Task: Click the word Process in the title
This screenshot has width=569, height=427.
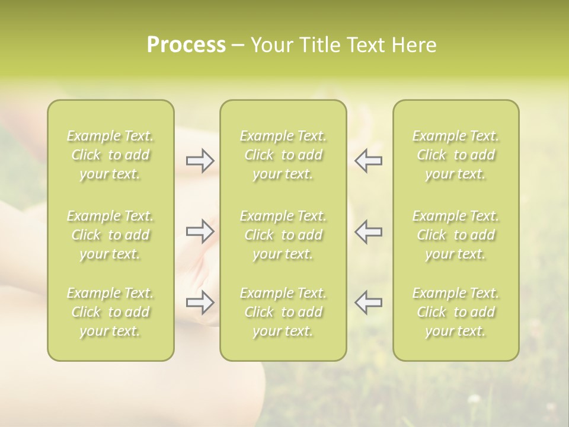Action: click(x=186, y=45)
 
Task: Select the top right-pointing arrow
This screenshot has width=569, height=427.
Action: click(x=200, y=160)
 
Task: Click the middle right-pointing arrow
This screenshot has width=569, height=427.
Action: click(x=200, y=231)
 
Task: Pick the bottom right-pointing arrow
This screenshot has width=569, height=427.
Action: click(x=200, y=302)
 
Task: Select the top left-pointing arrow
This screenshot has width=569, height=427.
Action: click(x=368, y=160)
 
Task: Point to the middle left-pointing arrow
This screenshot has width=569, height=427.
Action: click(x=368, y=231)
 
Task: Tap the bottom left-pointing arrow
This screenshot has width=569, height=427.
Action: click(x=368, y=302)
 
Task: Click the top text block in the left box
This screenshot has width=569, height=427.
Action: click(x=110, y=155)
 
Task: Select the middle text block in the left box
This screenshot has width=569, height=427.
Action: click(x=110, y=235)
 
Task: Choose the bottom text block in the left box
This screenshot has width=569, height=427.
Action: click(x=110, y=312)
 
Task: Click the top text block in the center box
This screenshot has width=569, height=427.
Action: click(x=283, y=155)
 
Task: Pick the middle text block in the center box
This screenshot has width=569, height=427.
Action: click(x=283, y=235)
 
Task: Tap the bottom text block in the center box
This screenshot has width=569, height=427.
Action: click(x=283, y=312)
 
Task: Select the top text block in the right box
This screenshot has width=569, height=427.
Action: click(x=455, y=155)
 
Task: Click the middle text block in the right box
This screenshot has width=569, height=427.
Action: click(x=455, y=235)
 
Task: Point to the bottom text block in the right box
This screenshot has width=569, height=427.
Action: click(x=455, y=312)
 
